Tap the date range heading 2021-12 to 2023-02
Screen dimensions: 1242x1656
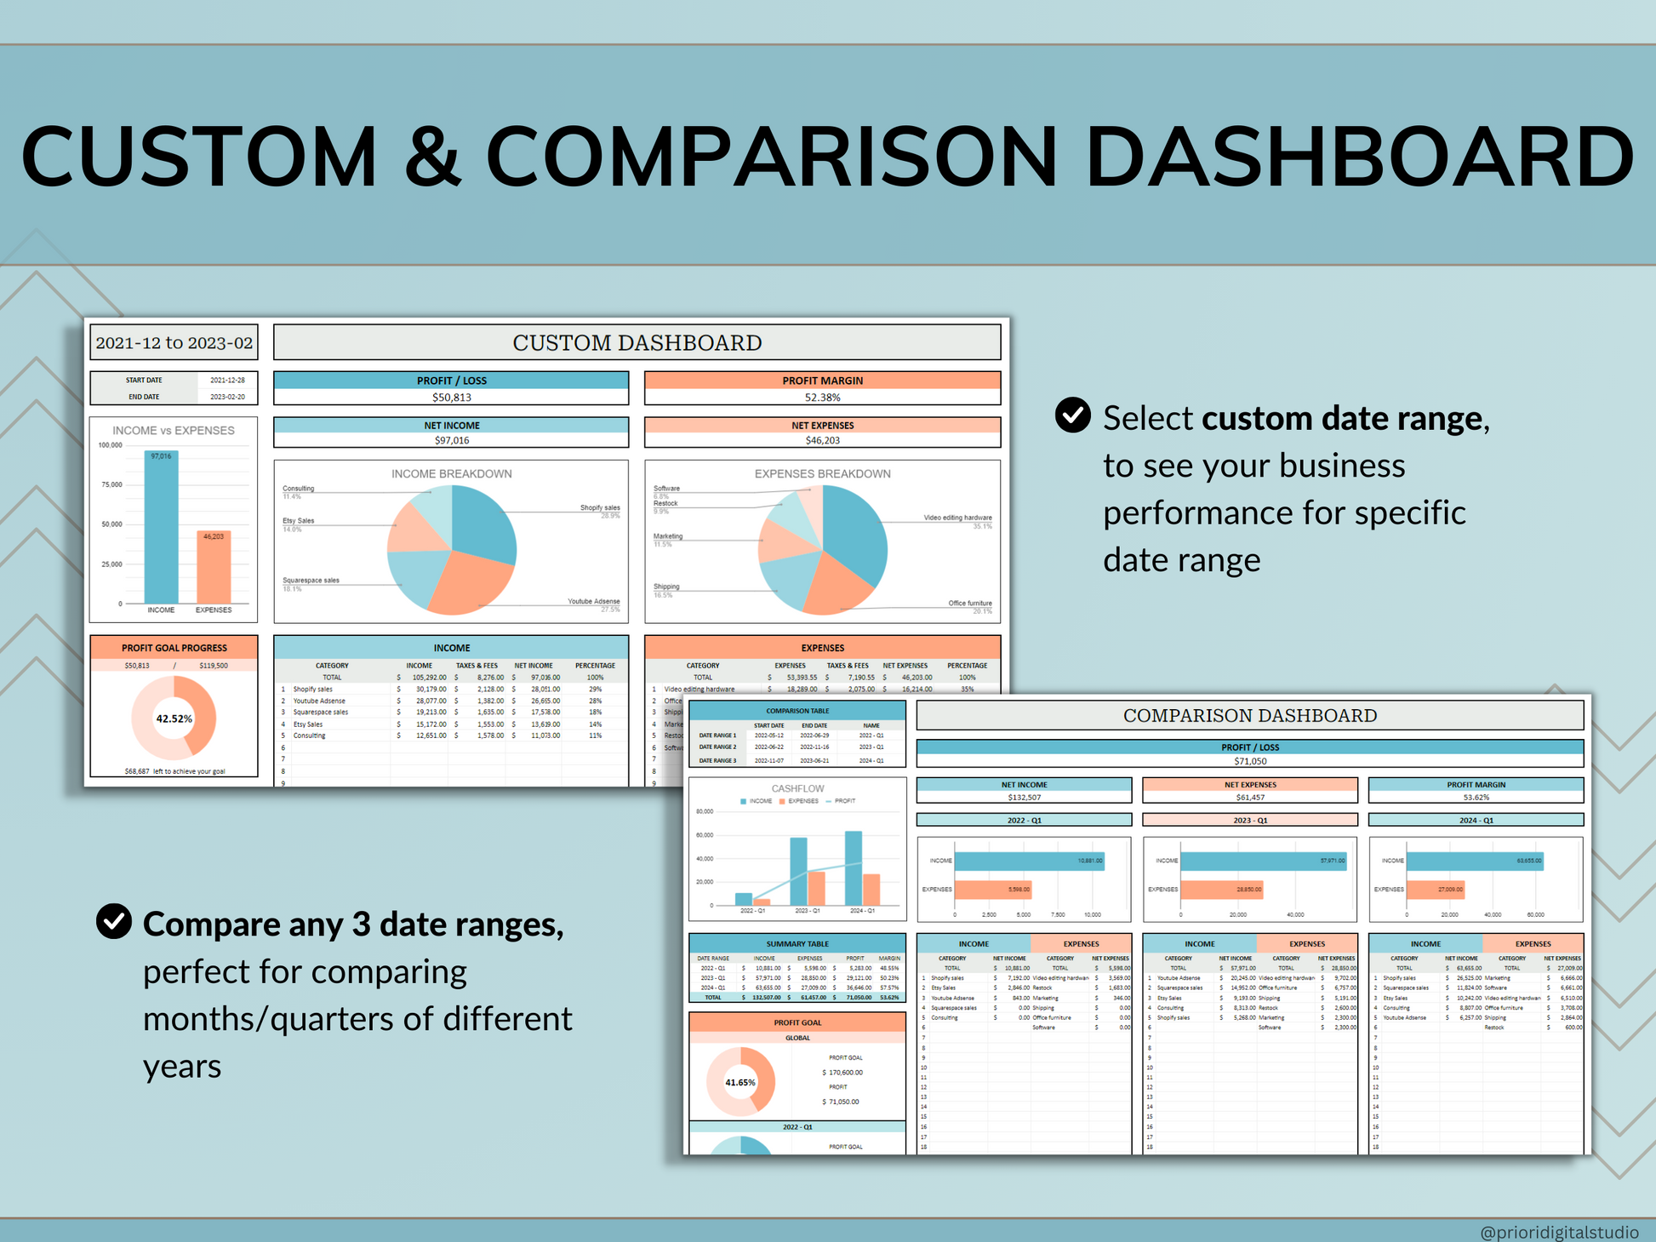point(174,343)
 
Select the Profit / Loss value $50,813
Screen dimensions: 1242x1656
point(451,398)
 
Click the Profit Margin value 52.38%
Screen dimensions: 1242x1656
point(822,398)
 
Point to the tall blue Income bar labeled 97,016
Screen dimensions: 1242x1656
point(161,528)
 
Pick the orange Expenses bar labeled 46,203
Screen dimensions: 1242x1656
point(214,568)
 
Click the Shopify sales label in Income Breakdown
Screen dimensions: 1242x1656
point(600,507)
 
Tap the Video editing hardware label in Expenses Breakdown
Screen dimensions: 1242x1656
point(957,518)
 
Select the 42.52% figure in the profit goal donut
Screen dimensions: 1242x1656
point(174,718)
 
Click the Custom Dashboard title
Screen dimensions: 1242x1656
point(637,342)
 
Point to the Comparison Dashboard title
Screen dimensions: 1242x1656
point(1249,715)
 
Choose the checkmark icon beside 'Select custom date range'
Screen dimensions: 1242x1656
point(1072,415)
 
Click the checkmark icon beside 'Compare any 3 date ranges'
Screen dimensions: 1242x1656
point(114,921)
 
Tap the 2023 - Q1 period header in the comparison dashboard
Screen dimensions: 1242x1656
point(1249,820)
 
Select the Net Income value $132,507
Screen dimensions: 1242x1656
point(1024,798)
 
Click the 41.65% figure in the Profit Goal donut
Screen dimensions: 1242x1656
point(739,1083)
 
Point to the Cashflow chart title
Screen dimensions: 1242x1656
point(797,788)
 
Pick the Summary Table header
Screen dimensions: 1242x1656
point(797,943)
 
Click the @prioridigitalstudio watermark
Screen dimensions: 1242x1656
point(1559,1232)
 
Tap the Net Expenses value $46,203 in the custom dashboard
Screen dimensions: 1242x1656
point(822,440)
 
